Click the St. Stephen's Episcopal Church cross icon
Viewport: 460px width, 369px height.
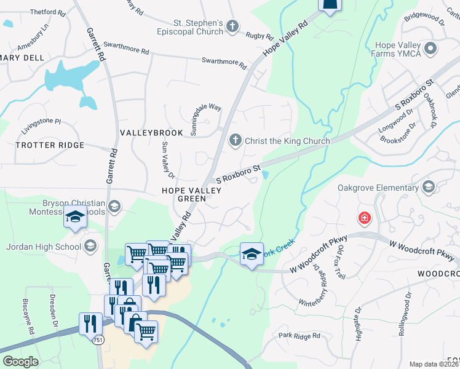pos(232,26)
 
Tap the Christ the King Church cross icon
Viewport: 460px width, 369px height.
pos(235,141)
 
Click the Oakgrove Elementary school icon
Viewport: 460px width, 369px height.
pos(429,187)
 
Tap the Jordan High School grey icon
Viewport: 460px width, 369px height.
pos(90,247)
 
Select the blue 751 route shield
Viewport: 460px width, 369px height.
pos(99,339)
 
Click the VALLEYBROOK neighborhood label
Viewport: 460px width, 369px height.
pos(151,133)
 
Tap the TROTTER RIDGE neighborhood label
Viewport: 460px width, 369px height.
pos(49,145)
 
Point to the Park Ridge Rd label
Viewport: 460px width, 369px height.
pos(299,336)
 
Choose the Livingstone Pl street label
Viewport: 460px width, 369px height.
pos(42,122)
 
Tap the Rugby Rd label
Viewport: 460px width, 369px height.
pos(255,36)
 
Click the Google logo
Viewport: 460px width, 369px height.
pos(20,362)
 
